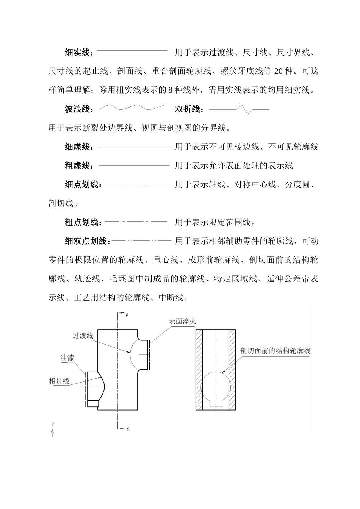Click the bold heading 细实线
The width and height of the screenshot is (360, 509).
(x=79, y=53)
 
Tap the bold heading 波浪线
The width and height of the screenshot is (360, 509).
(x=79, y=109)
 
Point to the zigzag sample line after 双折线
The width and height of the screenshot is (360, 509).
(x=239, y=109)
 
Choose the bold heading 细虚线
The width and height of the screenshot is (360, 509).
(x=79, y=147)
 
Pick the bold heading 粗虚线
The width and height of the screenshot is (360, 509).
(x=79, y=166)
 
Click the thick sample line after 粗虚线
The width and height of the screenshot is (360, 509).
(x=134, y=166)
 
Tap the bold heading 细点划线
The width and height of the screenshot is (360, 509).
(x=83, y=184)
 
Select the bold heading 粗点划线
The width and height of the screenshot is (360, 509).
(x=83, y=222)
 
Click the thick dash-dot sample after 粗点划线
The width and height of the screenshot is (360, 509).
(x=136, y=222)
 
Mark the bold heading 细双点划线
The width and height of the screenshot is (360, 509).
(x=87, y=241)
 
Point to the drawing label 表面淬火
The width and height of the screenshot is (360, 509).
(x=182, y=321)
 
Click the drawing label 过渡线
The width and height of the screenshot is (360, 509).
(x=83, y=336)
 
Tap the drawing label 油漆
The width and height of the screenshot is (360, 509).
(x=67, y=358)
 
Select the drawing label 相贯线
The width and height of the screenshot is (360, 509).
(x=59, y=381)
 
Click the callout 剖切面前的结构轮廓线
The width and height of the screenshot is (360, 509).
(x=275, y=351)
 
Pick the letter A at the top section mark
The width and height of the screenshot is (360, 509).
(x=127, y=315)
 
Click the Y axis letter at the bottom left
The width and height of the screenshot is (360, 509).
(x=53, y=424)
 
